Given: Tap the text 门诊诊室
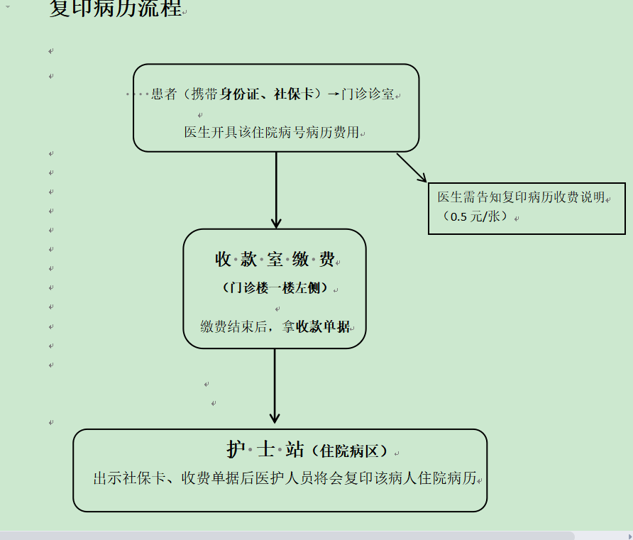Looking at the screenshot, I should [368, 94].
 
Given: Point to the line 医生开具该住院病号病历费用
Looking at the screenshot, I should [272, 132].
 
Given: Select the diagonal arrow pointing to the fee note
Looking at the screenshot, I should [412, 168].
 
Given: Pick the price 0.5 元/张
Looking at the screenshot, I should [475, 216].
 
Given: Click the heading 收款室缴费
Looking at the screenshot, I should [275, 260].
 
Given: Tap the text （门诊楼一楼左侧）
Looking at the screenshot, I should [275, 288].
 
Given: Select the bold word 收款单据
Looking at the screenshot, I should [323, 327].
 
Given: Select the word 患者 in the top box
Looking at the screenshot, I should [164, 94].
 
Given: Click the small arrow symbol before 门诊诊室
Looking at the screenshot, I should [334, 94].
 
